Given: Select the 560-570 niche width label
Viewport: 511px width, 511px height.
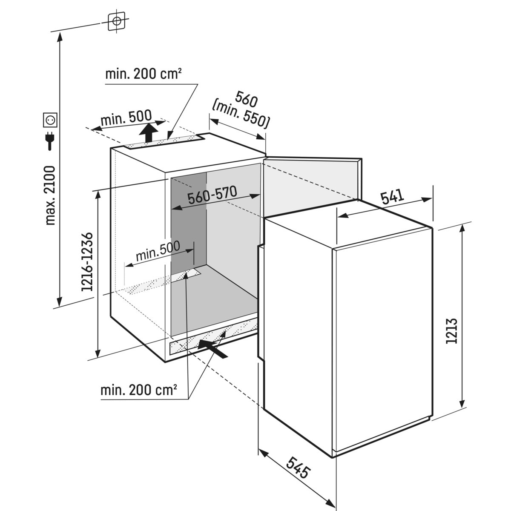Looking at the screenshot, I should point(212,197).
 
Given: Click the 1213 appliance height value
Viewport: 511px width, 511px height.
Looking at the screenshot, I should point(452,330).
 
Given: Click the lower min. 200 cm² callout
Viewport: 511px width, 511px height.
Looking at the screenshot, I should point(138,390).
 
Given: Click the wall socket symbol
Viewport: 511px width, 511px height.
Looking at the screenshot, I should point(51,120).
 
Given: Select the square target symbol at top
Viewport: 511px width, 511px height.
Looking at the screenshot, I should point(116,20).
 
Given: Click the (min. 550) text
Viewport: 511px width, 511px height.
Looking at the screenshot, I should point(241,115).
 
